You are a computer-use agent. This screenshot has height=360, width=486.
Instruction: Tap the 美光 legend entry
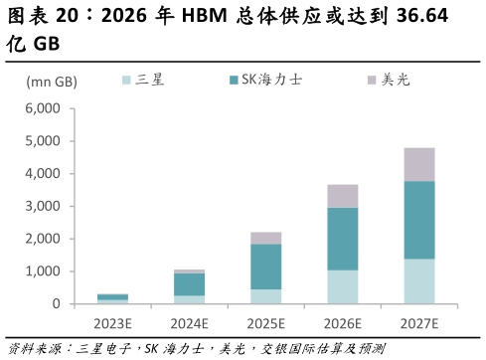tap(388, 80)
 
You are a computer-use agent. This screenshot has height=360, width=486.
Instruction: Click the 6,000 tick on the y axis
tap(42, 108)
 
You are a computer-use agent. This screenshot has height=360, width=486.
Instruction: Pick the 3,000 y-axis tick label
tap(42, 206)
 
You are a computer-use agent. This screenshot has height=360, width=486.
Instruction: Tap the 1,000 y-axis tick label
tap(42, 271)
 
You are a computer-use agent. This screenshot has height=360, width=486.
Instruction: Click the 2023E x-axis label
tap(112, 322)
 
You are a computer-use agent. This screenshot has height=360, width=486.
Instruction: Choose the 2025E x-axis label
tap(265, 322)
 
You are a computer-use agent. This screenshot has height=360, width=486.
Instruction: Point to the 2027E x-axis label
tap(418, 322)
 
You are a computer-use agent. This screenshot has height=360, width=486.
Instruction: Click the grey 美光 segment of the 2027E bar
tap(418, 164)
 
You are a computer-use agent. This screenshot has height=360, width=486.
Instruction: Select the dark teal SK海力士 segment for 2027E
tap(418, 220)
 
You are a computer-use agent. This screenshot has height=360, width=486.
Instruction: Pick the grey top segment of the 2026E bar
tap(342, 196)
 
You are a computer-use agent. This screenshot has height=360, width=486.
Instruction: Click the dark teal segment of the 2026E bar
tap(342, 239)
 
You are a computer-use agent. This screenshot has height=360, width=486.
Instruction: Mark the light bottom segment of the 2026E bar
tap(342, 287)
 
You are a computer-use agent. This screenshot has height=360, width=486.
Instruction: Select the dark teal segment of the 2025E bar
tap(265, 267)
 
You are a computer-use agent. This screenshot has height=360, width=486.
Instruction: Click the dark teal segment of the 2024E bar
tap(189, 284)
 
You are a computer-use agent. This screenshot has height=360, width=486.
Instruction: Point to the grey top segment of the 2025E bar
tap(265, 238)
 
